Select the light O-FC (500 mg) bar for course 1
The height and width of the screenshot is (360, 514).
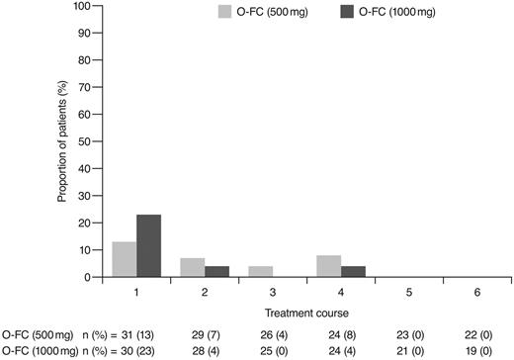(x=124, y=259)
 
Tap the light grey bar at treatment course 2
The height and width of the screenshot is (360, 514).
(x=192, y=268)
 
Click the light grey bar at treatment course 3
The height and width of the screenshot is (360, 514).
(x=260, y=272)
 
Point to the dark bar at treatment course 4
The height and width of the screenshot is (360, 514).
(x=352, y=272)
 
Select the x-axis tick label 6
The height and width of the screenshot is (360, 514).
(x=475, y=293)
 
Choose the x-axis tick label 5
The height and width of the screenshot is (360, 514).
(x=407, y=293)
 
